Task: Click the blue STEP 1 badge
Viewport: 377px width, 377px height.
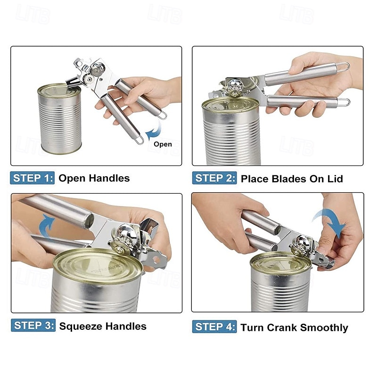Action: point(33,178)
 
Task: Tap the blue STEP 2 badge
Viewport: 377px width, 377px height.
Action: point(214,178)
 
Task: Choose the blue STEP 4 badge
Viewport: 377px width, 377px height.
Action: point(214,327)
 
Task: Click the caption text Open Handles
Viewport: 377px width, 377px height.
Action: point(94,178)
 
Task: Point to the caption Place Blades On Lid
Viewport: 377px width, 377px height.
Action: point(292,179)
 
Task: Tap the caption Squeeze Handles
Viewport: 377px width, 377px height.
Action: point(103,326)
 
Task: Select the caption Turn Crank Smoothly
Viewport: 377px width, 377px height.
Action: point(295,328)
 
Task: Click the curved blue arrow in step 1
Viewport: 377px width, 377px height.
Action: point(153,130)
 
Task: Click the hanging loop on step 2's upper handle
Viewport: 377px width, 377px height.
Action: point(344,67)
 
